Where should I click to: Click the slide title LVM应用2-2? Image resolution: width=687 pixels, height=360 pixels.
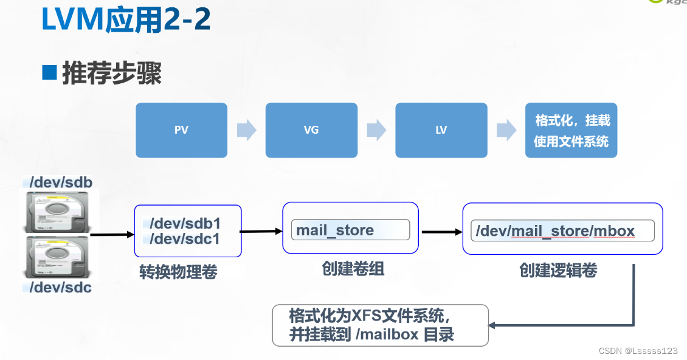[x=126, y=20]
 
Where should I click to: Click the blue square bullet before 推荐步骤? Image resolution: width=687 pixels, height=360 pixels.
[x=49, y=72]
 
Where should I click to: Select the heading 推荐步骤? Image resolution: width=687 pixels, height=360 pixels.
[x=112, y=74]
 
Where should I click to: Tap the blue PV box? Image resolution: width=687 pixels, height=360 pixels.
[x=181, y=130]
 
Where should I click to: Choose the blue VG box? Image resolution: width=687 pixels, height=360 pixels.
[x=311, y=130]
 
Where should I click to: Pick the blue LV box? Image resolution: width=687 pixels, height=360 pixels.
[x=441, y=130]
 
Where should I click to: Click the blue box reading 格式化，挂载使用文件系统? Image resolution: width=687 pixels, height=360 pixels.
[x=571, y=130]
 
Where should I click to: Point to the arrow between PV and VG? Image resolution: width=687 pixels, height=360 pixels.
[x=246, y=130]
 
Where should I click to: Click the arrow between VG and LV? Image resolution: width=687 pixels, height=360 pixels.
[x=376, y=130]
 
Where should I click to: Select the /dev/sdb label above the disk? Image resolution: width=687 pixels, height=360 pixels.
[x=61, y=182]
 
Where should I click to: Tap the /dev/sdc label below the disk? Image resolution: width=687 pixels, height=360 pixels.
[x=61, y=287]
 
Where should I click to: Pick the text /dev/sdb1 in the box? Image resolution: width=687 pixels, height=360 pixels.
[x=185, y=223]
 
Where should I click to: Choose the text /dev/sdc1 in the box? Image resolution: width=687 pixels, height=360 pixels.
[x=185, y=239]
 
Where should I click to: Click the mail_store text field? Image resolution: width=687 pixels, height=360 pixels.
[x=350, y=230]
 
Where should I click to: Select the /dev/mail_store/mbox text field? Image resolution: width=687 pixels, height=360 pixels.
[x=562, y=231]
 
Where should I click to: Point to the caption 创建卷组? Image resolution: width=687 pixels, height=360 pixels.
[x=353, y=268]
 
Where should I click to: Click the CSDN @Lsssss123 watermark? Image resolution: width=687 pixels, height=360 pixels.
[x=638, y=351]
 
